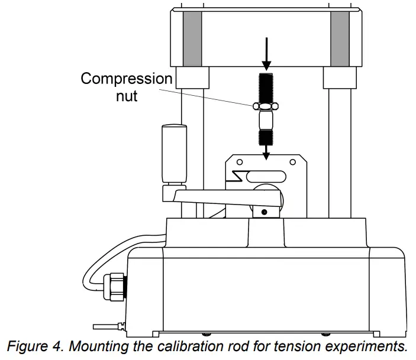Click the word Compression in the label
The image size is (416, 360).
click(x=127, y=79)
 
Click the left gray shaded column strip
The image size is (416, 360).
click(x=192, y=38)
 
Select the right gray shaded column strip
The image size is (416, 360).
click(x=339, y=38)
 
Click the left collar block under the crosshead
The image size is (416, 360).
click(x=192, y=77)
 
